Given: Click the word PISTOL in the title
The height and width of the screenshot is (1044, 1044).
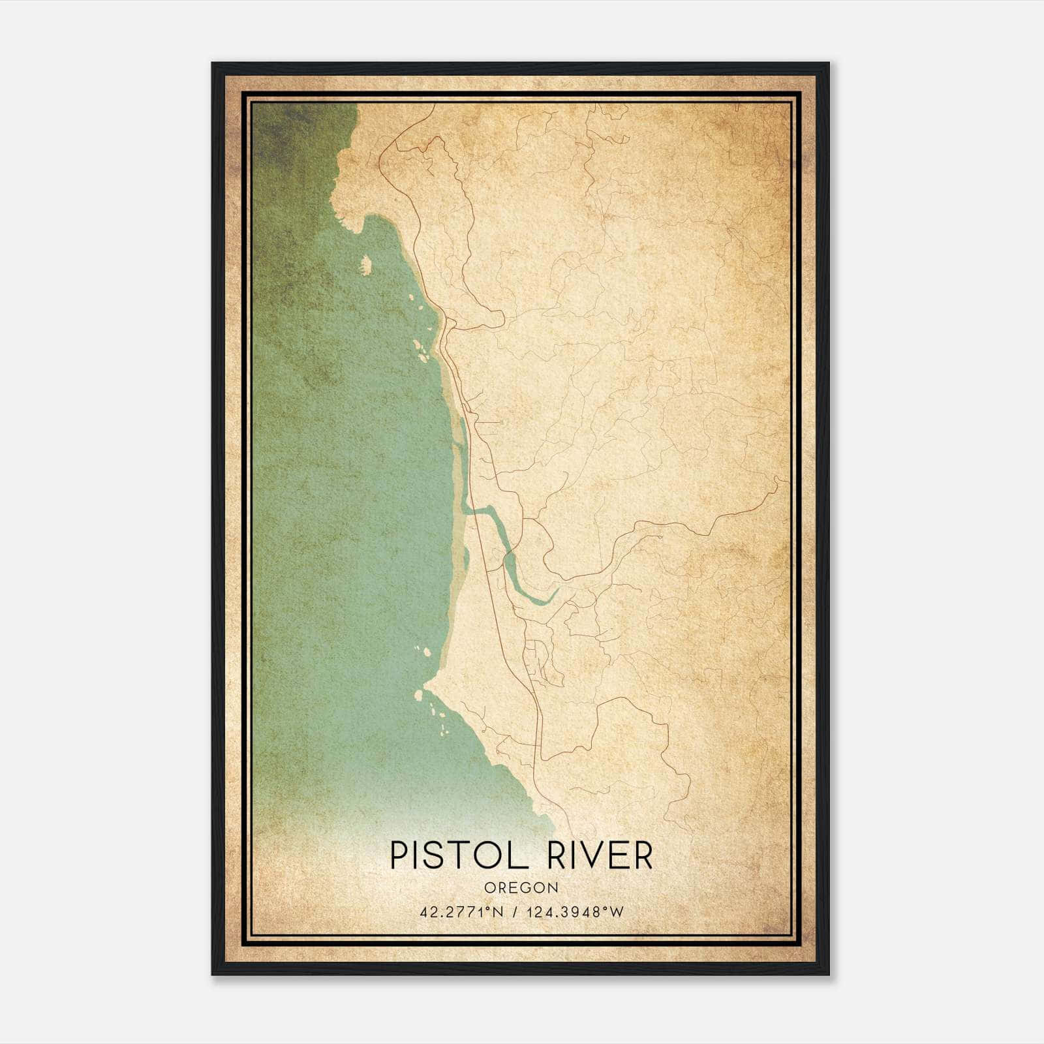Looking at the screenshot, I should point(457,855).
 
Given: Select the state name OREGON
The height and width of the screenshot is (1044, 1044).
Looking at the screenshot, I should point(521,887).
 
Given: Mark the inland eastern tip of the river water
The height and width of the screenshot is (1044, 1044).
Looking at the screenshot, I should point(557,591).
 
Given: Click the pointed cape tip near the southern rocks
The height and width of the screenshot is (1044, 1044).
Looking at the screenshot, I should point(425,684).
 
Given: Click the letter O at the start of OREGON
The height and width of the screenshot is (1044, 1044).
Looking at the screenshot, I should point(489,887).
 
